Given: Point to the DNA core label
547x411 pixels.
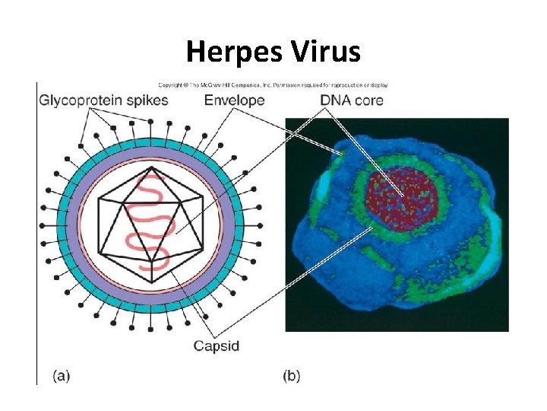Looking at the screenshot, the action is pyautogui.click(x=352, y=100).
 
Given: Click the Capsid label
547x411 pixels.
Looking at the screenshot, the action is pyautogui.click(x=216, y=346).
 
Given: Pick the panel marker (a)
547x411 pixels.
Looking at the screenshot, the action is pyautogui.click(x=62, y=375).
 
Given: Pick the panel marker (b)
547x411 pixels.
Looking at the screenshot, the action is pyautogui.click(x=292, y=375).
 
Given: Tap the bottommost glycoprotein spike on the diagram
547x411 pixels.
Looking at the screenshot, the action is pyautogui.click(x=151, y=328).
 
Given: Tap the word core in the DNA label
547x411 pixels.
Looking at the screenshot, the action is pyautogui.click(x=368, y=100).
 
